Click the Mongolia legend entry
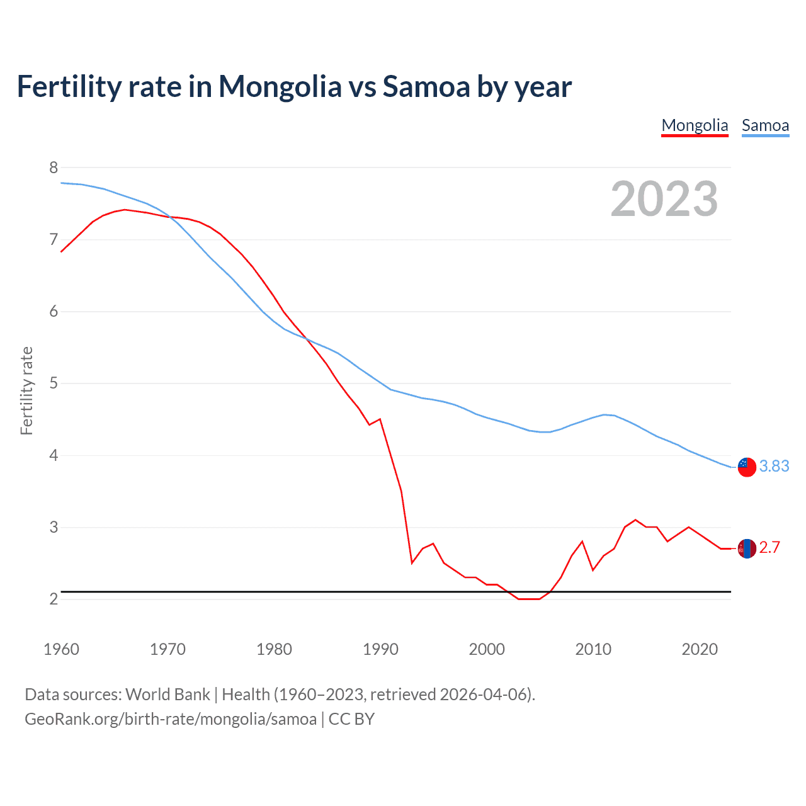(695, 126)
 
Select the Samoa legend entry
(765, 126)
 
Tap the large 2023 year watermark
(664, 199)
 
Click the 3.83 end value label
(774, 466)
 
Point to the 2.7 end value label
(769, 547)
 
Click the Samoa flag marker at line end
(747, 467)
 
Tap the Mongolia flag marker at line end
(747, 548)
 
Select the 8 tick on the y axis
(54, 167)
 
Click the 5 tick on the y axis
(54, 383)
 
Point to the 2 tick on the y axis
(54, 599)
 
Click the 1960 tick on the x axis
(61, 649)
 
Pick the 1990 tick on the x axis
(380, 649)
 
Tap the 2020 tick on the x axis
(700, 649)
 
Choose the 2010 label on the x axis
(593, 649)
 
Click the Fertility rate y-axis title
(26, 390)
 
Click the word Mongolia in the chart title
(280, 86)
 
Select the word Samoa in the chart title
(426, 86)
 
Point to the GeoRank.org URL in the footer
(171, 719)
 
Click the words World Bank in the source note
(167, 695)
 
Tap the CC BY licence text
(351, 719)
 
